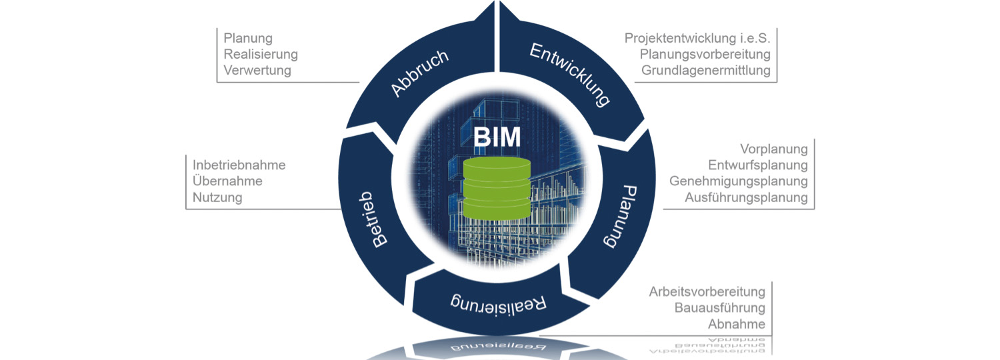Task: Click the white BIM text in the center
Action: pos(497,139)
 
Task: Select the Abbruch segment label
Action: pos(419,73)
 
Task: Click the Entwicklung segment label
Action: pos(570,75)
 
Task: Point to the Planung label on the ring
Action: pos(619,217)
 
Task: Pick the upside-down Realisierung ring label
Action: pos(499,303)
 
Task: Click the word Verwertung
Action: pos(257,71)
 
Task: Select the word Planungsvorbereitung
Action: pos(705,54)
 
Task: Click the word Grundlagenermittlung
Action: pos(705,70)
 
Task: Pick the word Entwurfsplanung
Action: pos(758,165)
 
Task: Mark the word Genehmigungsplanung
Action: pos(739,181)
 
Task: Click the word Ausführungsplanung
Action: pos(746,197)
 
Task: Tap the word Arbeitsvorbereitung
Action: pos(707,292)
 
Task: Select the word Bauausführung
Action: pos(719,308)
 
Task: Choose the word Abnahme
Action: pos(736,325)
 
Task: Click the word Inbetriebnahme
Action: pos(239,165)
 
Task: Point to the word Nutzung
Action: pos(217,197)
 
